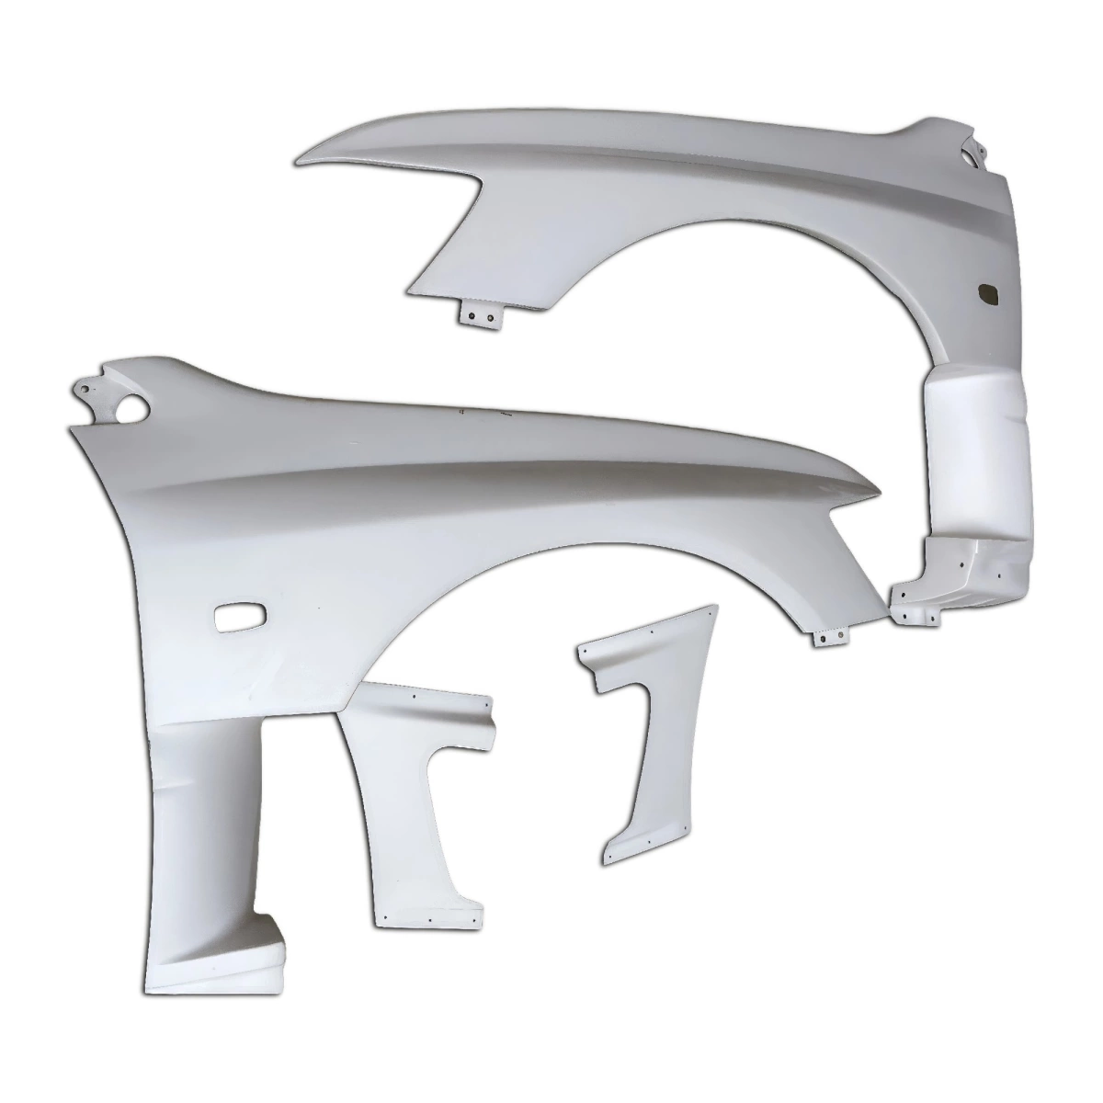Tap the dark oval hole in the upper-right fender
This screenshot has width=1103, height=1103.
point(991,292)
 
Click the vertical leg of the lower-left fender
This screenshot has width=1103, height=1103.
point(202,827)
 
